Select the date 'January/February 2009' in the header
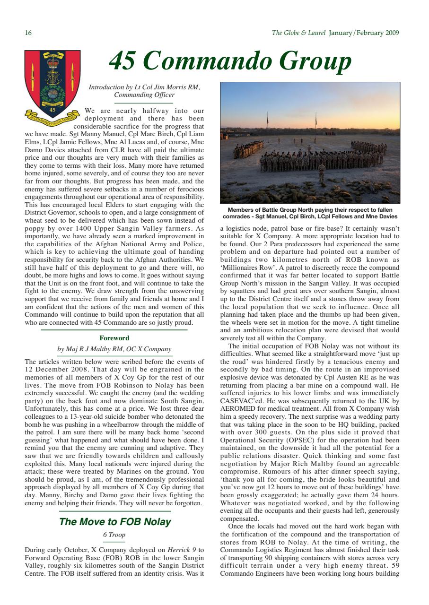tap(364, 33)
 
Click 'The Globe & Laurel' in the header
tap(298, 33)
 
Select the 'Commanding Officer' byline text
tap(144, 95)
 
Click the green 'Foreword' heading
tap(114, 338)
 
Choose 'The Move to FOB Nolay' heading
tap(115, 522)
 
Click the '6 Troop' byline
tap(114, 535)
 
